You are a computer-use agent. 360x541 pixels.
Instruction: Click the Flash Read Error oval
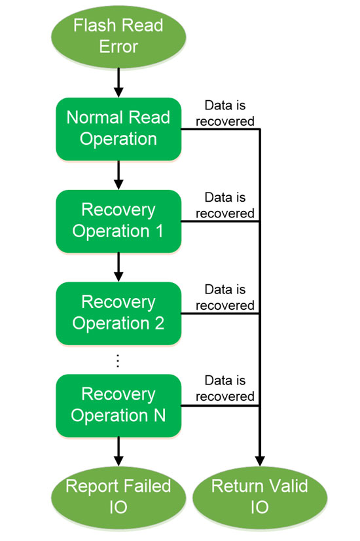(118, 36)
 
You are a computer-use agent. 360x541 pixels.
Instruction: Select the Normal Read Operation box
(118, 129)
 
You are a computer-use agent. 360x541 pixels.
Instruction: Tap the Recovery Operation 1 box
(118, 221)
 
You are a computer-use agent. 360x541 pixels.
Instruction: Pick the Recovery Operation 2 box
(118, 313)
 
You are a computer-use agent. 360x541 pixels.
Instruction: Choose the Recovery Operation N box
(118, 405)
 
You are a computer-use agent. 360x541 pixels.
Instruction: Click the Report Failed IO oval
(118, 497)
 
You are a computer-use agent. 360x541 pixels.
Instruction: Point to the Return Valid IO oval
(260, 497)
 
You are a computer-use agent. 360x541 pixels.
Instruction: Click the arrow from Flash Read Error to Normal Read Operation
(118, 83)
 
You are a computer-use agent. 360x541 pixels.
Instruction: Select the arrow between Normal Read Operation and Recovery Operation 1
(118, 176)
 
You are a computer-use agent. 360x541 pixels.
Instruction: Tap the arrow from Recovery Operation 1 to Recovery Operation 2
(118, 267)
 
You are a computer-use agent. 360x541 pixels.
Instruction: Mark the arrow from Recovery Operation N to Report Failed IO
(118, 451)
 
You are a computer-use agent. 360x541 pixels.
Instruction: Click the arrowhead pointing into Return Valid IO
(260, 461)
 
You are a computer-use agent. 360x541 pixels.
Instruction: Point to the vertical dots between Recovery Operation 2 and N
(118, 360)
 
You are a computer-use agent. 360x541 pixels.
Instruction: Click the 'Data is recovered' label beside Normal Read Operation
(225, 113)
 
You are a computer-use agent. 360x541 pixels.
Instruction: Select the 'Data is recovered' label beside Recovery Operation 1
(225, 205)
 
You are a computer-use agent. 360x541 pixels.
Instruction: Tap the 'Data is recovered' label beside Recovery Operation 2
(225, 297)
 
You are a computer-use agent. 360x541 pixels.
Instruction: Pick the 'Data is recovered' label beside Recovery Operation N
(225, 388)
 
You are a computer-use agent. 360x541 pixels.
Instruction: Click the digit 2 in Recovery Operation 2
(159, 323)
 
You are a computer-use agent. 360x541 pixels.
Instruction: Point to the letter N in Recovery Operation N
(159, 415)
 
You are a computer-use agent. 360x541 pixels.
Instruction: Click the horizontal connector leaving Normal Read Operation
(221, 129)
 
